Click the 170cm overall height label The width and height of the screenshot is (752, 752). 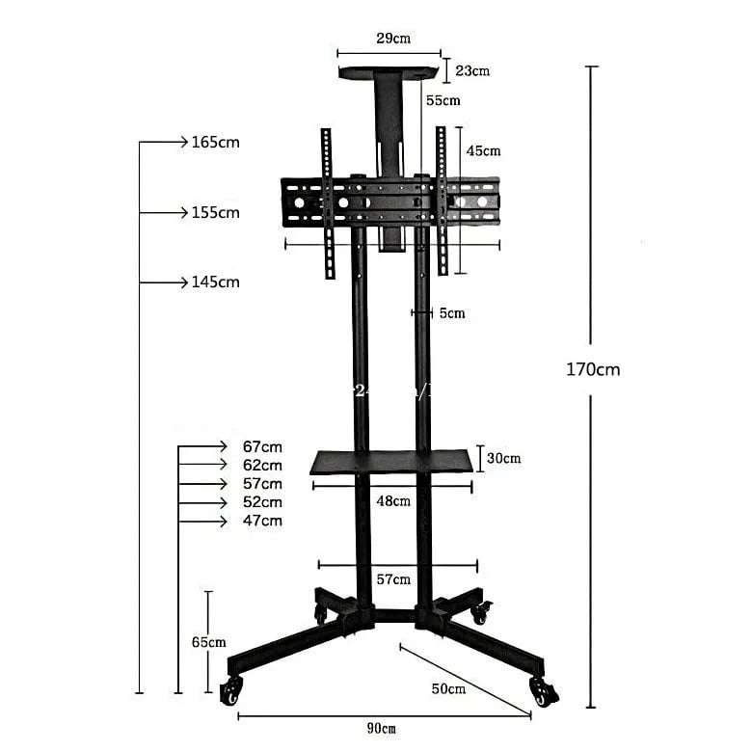(x=593, y=369)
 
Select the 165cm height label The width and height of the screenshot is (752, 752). (x=215, y=143)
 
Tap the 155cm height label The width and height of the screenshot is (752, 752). (x=215, y=213)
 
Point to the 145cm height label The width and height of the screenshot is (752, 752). (x=215, y=282)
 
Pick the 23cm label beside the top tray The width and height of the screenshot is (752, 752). (x=472, y=70)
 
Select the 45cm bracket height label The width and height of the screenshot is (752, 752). (x=483, y=151)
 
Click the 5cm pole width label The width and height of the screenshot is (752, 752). (x=451, y=313)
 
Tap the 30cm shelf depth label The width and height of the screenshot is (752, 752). (x=503, y=459)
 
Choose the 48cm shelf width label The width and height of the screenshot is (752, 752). (x=393, y=501)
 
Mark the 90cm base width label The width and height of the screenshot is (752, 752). (x=382, y=728)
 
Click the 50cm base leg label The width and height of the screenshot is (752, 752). (x=448, y=689)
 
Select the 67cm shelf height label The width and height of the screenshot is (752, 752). (x=262, y=446)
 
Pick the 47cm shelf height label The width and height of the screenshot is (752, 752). (x=262, y=521)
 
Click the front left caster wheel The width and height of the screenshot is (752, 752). (x=231, y=690)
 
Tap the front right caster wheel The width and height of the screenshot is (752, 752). (x=543, y=691)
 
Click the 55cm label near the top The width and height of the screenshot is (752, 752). (x=443, y=100)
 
